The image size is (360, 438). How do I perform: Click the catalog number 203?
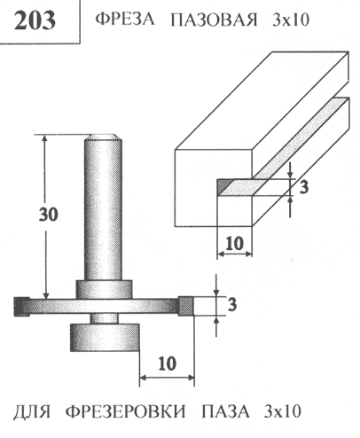(35, 20)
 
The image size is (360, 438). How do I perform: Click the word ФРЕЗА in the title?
(125, 20)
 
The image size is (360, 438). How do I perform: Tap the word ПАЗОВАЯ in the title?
(214, 20)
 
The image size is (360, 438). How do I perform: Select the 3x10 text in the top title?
(291, 20)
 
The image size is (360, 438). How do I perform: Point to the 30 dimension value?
(49, 215)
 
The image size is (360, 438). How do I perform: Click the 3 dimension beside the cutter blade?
(232, 304)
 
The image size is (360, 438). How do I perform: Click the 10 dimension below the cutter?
(168, 364)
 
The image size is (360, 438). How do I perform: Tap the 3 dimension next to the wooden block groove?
(304, 187)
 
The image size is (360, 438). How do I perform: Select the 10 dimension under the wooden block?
(235, 244)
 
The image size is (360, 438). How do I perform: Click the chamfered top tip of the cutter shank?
(103, 137)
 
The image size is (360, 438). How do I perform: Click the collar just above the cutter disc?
(104, 289)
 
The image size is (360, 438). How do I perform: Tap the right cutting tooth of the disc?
(186, 306)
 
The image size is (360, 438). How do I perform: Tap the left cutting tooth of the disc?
(22, 307)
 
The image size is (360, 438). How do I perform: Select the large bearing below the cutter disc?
(105, 338)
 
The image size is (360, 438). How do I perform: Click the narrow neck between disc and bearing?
(104, 318)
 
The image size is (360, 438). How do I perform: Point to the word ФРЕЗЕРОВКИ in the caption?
(126, 411)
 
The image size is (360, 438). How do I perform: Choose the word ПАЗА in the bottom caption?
(226, 411)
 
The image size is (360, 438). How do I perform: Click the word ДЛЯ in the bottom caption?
(32, 411)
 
